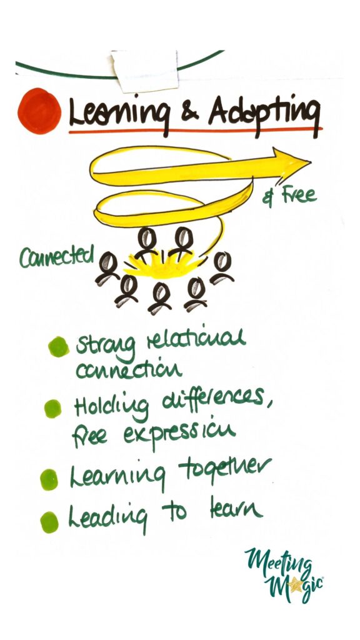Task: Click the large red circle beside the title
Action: [39, 111]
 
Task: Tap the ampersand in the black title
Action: [187, 115]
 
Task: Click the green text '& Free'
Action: [289, 196]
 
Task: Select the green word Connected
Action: [56, 257]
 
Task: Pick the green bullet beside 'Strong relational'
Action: [58, 346]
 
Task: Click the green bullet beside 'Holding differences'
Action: [52, 409]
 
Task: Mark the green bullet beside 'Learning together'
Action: [49, 479]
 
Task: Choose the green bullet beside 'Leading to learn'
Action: [49, 522]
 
